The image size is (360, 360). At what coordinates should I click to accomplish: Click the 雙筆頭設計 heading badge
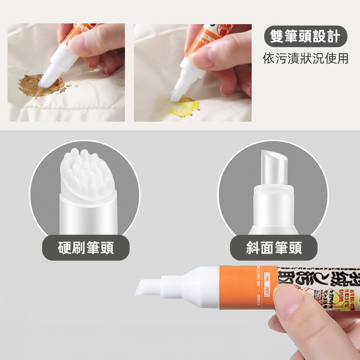tap(305, 37)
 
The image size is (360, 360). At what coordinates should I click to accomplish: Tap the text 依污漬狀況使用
tap(305, 58)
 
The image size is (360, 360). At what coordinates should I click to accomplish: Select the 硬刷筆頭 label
tap(86, 248)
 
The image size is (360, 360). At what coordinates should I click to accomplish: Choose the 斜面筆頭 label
tap(274, 248)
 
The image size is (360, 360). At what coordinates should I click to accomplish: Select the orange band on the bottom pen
tap(248, 287)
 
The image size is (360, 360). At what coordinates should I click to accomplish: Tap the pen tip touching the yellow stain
tap(177, 95)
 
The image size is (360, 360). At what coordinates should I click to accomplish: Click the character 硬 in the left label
tap(65, 248)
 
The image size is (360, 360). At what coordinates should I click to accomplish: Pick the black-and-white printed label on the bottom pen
tap(317, 284)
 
